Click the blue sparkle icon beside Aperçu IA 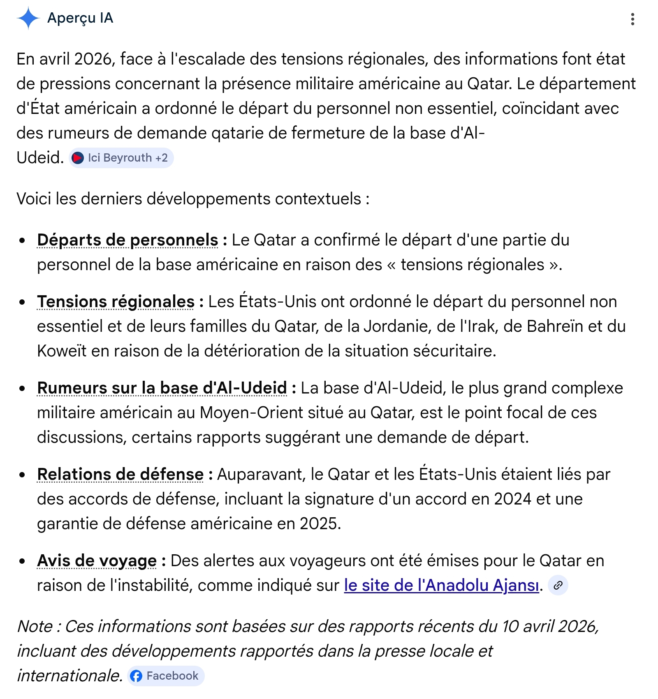click(x=28, y=19)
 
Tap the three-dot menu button click(x=633, y=19)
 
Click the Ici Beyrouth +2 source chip click(x=121, y=158)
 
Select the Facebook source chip click(x=166, y=676)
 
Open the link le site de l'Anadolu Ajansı click(x=441, y=586)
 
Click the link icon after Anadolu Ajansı click(x=558, y=586)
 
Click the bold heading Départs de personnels click(x=127, y=240)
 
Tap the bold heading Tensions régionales click(x=116, y=302)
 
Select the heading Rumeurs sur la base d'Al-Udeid click(x=162, y=388)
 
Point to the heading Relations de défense click(x=120, y=474)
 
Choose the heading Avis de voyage click(x=97, y=561)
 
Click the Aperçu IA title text click(x=80, y=18)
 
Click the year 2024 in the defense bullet click(x=513, y=499)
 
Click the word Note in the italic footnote click(x=35, y=627)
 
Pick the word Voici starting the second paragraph click(x=34, y=199)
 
